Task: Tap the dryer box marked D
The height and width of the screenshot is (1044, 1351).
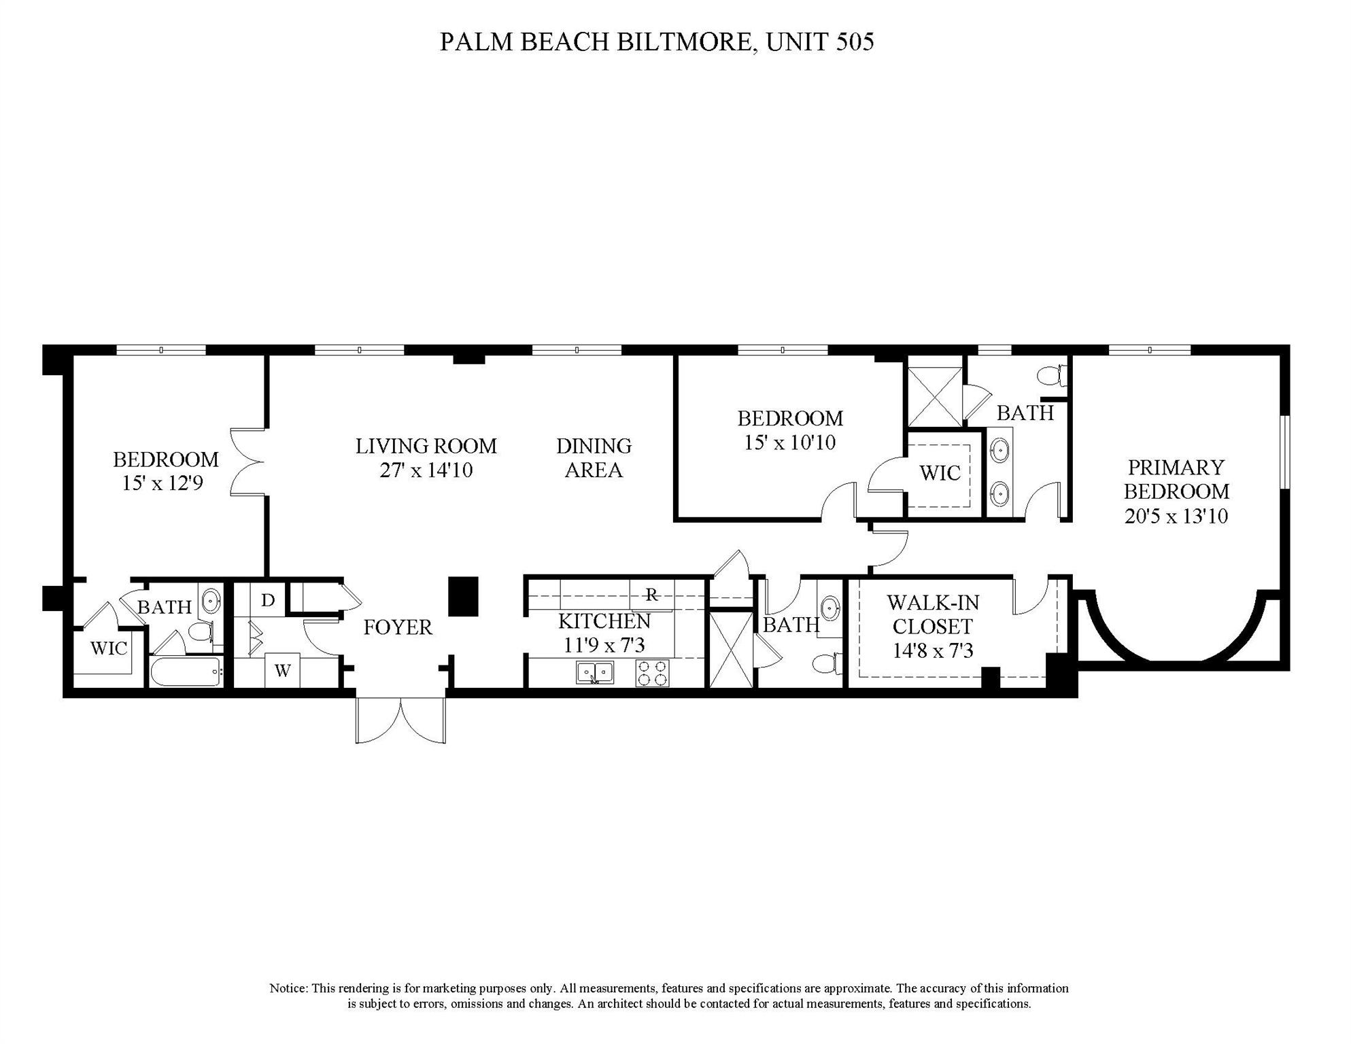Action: (x=268, y=600)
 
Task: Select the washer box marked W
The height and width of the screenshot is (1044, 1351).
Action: (x=283, y=670)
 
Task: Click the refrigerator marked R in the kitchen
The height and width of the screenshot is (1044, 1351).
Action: (x=651, y=595)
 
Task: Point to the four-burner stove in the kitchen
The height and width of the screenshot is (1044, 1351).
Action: (x=652, y=673)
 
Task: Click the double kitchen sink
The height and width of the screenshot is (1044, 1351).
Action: (x=595, y=673)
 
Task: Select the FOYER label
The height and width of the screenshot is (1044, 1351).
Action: (x=398, y=627)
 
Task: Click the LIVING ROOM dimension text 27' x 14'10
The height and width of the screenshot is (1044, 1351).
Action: (x=426, y=470)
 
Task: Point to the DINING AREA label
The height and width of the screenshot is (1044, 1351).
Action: (x=594, y=457)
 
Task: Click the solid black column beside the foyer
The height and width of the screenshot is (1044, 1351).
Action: (x=464, y=596)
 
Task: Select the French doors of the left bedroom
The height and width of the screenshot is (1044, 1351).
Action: (x=248, y=462)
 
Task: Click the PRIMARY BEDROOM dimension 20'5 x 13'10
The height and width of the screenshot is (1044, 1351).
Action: (x=1176, y=516)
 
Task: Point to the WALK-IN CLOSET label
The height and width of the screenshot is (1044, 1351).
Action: (x=932, y=614)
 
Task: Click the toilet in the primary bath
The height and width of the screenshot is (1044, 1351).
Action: (x=1053, y=375)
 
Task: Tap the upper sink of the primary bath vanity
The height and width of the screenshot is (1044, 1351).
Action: (x=999, y=450)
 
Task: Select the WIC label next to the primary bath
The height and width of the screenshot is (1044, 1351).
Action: (x=940, y=473)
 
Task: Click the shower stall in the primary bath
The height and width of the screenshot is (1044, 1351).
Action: (x=935, y=397)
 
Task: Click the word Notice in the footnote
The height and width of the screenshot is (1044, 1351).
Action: (x=289, y=988)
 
